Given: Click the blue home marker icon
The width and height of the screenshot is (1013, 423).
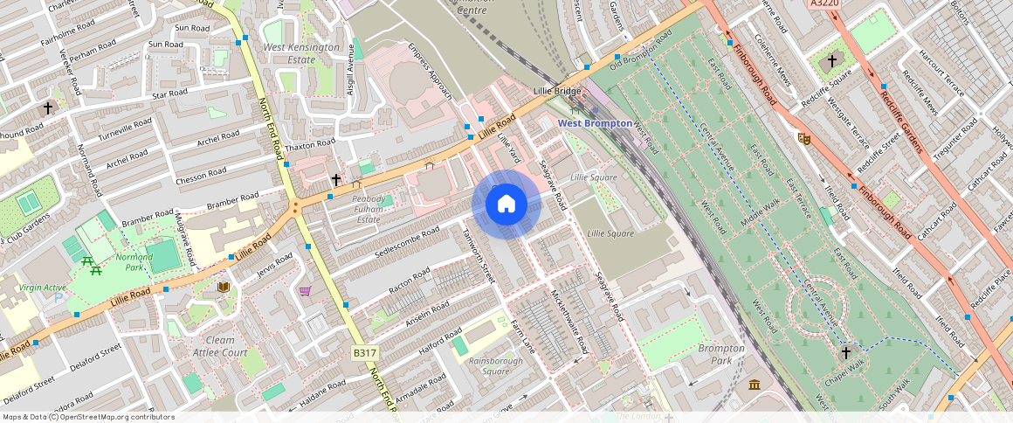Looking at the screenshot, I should [x=507, y=205].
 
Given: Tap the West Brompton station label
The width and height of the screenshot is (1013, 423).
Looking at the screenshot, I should [x=595, y=123].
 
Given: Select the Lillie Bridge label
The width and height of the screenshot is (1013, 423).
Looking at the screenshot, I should [x=557, y=92].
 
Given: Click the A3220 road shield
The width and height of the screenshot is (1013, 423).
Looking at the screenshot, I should [x=824, y=4].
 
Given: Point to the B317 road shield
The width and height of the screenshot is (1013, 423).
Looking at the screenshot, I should [x=365, y=352].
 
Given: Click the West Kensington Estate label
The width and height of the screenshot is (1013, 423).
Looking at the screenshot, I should [x=301, y=53].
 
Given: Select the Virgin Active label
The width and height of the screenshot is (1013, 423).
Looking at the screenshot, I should [x=43, y=287].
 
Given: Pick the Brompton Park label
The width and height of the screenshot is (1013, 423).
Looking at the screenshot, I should [x=721, y=354].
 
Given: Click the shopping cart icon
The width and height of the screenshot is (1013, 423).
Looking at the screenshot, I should [x=305, y=291].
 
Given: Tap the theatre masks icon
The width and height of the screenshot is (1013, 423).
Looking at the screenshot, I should [x=803, y=138].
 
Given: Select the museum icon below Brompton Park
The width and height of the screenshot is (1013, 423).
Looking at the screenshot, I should [x=755, y=385].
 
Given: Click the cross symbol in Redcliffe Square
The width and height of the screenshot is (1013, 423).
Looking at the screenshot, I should [x=832, y=62].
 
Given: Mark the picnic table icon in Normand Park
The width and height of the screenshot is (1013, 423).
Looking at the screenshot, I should [x=87, y=261].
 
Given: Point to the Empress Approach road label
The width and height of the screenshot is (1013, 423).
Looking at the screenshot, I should [x=431, y=72].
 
